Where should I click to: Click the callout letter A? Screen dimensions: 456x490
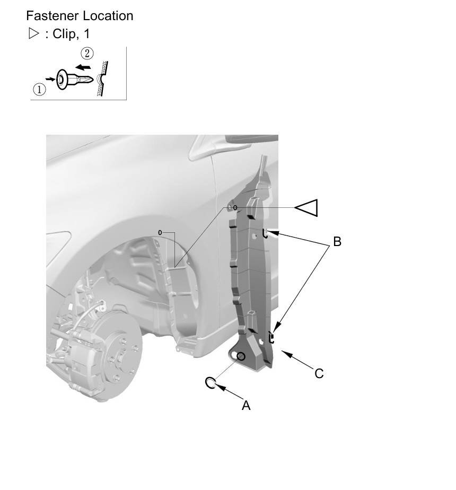(246, 405)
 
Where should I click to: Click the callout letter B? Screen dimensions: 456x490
(337, 242)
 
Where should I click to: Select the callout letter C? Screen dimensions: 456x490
(319, 374)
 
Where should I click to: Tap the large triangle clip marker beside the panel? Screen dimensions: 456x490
(306, 208)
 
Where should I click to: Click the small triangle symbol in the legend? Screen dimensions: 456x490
(33, 33)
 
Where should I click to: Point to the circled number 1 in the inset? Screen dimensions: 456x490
(39, 90)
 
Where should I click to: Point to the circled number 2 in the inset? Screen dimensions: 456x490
(87, 54)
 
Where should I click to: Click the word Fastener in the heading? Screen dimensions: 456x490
(52, 16)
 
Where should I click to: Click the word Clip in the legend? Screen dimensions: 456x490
(64, 34)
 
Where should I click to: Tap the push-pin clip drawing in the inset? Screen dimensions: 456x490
(75, 80)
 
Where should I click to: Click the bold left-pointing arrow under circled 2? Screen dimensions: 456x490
(83, 67)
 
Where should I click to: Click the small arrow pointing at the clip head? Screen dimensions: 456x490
(50, 79)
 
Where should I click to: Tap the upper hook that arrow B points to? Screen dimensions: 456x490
(265, 233)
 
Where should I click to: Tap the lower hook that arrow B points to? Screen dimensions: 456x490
(271, 337)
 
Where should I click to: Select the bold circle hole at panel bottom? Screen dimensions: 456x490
(241, 356)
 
